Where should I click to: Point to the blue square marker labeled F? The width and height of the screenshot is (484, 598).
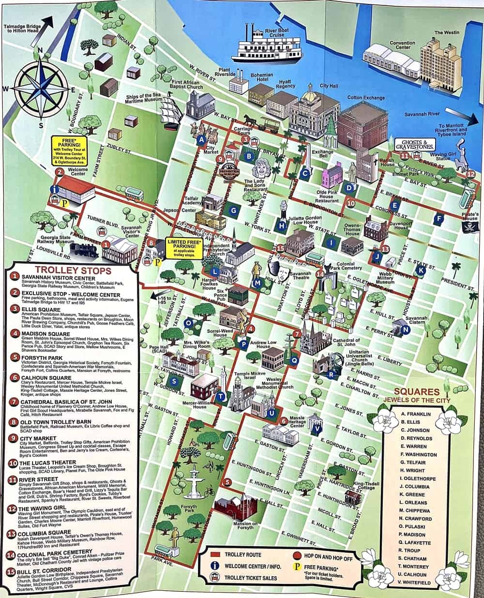click(439, 218)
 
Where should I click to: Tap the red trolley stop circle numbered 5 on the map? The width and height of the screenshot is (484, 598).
click(227, 482)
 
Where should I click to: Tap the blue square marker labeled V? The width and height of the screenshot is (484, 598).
click(318, 428)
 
